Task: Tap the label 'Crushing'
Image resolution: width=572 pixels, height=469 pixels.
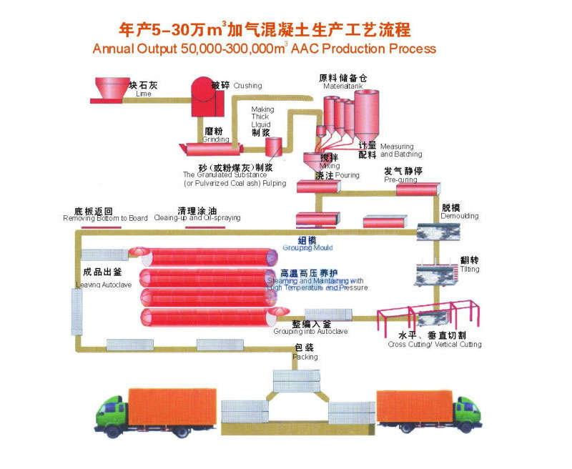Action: [x=247, y=86]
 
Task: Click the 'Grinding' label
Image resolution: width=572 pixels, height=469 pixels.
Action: [x=216, y=139]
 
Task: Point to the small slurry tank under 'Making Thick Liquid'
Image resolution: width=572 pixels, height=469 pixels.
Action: [x=273, y=147]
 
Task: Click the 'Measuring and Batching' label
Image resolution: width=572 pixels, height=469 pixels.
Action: [x=400, y=150]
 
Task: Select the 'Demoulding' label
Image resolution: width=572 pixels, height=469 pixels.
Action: [x=460, y=216]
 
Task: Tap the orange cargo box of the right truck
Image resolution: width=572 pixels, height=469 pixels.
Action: [x=415, y=406]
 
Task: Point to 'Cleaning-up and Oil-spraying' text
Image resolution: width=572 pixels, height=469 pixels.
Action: [x=197, y=218]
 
